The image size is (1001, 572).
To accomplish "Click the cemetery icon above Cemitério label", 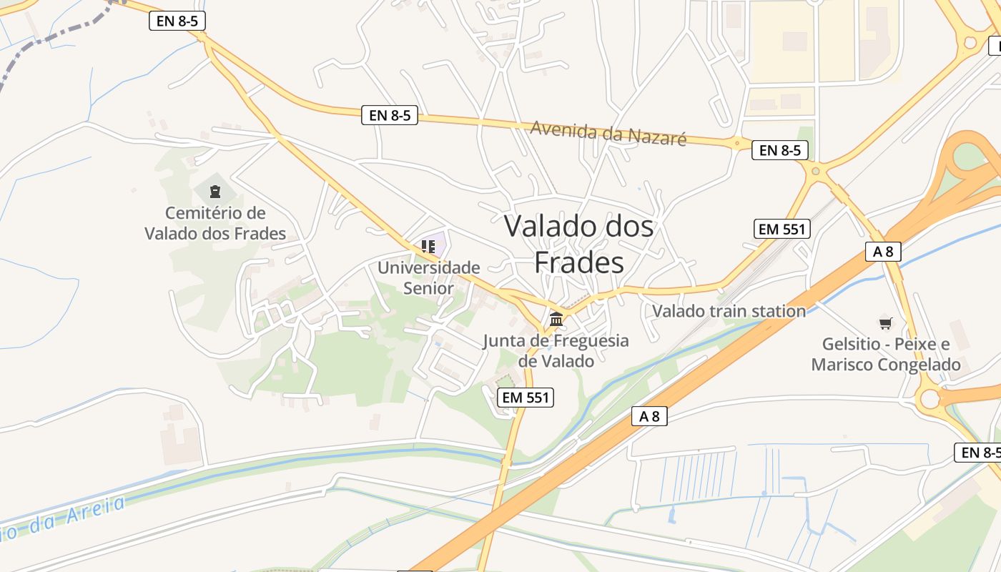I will coord(214,191).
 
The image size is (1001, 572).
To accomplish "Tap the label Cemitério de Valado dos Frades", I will coord(215,223).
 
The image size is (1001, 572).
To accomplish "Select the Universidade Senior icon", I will coord(428,247).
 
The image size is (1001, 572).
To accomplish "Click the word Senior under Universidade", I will coord(428,288).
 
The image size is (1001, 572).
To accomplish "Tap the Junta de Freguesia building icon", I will coord(556,319).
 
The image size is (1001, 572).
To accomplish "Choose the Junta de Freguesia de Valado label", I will coord(556,350).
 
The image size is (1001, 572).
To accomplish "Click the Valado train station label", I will coord(729,311).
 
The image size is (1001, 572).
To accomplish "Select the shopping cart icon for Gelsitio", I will coord(886,324).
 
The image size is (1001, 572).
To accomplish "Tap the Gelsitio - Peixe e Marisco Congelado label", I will coord(886,355).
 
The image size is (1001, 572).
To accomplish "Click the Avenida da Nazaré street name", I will coord(608,133).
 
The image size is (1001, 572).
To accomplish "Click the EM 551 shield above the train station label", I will coord(782,230).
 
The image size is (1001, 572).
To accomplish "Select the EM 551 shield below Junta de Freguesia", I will coord(526,398).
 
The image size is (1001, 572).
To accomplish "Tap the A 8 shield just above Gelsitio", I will coord(883,251).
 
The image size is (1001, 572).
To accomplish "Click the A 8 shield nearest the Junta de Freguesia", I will coord(649,416).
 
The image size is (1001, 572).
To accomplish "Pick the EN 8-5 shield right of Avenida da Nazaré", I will coord(780,150).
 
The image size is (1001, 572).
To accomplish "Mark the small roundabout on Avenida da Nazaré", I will coord(737,143).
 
